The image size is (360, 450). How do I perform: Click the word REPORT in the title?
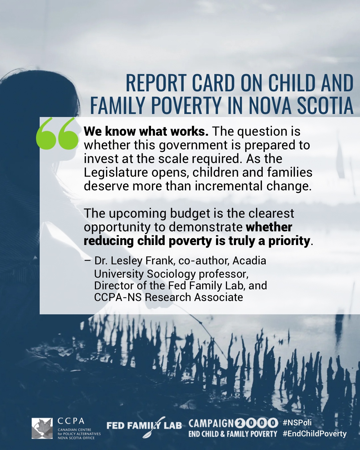pyautogui.click(x=156, y=83)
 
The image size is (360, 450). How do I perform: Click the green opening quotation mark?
pyautogui.click(x=57, y=133)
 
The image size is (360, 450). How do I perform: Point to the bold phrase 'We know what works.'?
pyautogui.click(x=146, y=131)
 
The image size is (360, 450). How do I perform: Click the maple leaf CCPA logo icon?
pyautogui.click(x=42, y=428)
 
